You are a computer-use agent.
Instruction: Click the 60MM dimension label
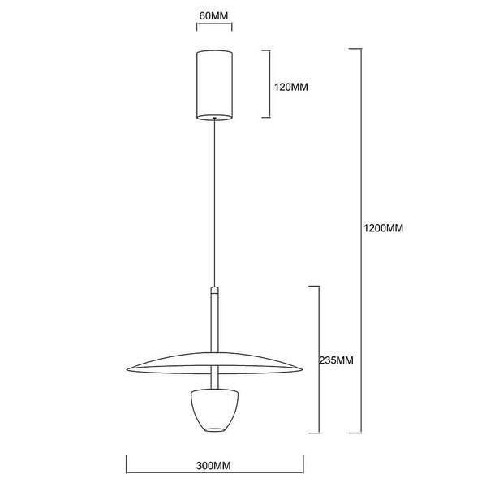[214, 16]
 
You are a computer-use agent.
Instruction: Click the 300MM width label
[214, 468]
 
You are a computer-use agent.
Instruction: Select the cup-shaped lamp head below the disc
[214, 410]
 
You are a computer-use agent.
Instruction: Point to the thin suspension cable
[214, 203]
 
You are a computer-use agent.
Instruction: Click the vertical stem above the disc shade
[214, 321]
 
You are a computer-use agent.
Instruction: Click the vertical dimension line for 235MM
[317, 357]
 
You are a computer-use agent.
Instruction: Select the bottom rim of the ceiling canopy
[214, 118]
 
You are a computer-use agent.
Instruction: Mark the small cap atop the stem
[214, 289]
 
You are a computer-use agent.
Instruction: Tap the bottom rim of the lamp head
[214, 429]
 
